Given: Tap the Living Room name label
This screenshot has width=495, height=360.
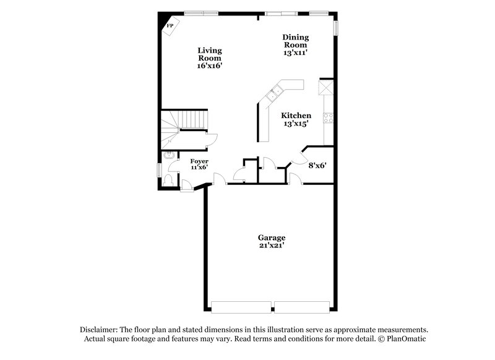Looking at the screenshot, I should coord(210,54).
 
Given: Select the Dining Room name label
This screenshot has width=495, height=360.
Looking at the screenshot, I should coord(296,41).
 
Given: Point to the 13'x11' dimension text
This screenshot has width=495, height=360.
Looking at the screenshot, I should coord(296,53).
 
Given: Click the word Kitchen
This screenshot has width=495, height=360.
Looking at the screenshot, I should coord(296,116).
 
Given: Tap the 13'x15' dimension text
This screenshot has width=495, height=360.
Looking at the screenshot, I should coord(296,124).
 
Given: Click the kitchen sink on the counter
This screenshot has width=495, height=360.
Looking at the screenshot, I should coord(274,93).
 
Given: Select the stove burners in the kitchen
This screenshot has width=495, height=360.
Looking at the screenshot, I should coord(328,118).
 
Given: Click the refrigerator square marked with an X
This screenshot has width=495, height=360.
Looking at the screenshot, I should coord(326,87).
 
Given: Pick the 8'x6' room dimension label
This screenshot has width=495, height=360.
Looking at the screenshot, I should coord(317,165).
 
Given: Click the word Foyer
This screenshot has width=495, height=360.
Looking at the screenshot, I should coord(199,161).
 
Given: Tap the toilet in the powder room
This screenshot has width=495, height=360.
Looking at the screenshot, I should coord(168,180).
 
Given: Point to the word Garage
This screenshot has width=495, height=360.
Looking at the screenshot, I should coord(272,238).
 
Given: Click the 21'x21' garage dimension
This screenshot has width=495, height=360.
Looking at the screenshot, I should coord(272,246).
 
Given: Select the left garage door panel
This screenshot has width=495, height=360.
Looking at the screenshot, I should coord(241,307).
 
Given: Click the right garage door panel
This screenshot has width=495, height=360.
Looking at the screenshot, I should coord(302,307).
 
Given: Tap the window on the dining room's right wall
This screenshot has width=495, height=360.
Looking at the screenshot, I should coord(337,28).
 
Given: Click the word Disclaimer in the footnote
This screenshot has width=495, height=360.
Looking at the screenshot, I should coord(100,330).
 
